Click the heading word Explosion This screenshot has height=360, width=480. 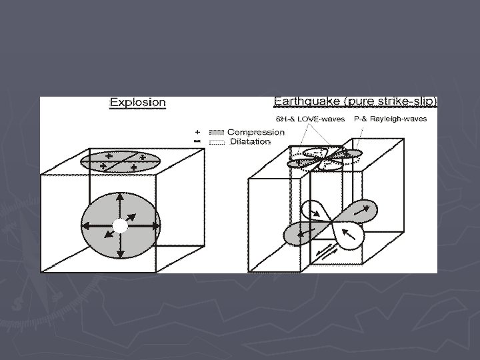click(x=138, y=102)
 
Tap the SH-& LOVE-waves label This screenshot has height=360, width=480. click(x=310, y=119)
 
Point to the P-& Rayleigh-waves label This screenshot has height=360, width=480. click(x=390, y=119)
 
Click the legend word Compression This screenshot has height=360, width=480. click(x=256, y=132)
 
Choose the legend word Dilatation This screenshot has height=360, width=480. click(x=250, y=142)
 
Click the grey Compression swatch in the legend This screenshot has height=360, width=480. click(x=217, y=132)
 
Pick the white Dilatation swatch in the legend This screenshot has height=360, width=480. click(x=217, y=143)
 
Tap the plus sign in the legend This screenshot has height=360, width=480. click(x=197, y=132)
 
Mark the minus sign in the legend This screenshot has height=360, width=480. click(x=197, y=141)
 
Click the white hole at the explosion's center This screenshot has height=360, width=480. click(x=120, y=226)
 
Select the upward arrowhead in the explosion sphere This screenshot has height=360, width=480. click(x=120, y=197)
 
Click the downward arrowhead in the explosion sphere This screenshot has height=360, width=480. click(x=121, y=254)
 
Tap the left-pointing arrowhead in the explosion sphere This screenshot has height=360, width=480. click(x=86, y=226)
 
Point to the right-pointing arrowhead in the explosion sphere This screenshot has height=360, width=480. click(x=156, y=226)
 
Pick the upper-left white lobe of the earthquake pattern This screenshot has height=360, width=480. click(x=315, y=211)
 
